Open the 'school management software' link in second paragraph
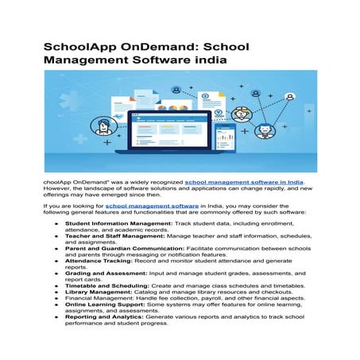click(152, 205)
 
